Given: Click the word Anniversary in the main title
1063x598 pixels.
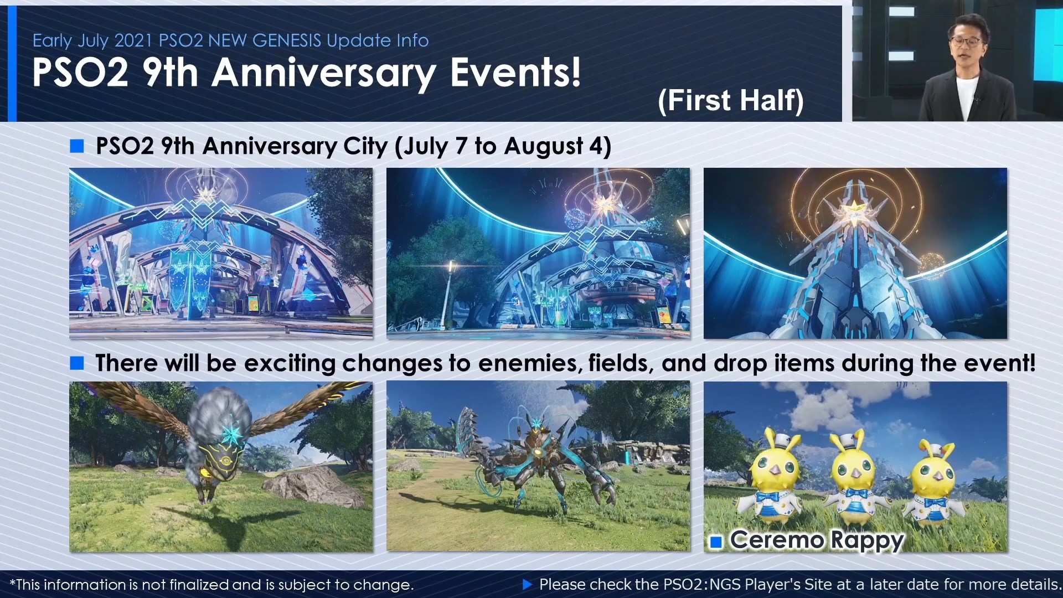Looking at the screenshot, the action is [x=324, y=73].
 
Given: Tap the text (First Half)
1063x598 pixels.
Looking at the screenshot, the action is [x=731, y=101].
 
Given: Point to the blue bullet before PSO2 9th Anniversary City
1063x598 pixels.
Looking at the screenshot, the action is [x=77, y=146].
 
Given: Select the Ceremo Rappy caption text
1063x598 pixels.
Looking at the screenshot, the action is [x=817, y=540].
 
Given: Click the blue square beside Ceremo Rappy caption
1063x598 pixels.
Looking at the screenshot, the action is [x=716, y=542].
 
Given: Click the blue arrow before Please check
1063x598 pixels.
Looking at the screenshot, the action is [x=527, y=584].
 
